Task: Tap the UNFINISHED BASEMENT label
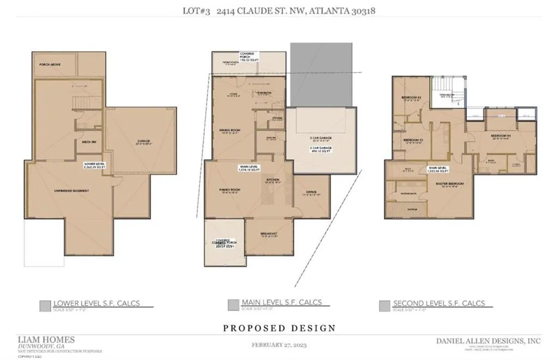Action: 71,191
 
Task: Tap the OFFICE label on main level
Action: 312,192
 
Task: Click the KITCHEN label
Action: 272,179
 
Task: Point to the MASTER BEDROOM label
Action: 450,184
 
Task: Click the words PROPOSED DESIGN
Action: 279,328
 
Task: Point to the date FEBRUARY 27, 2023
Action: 279,345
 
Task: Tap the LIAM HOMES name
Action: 46,339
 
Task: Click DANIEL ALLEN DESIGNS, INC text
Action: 488,340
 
